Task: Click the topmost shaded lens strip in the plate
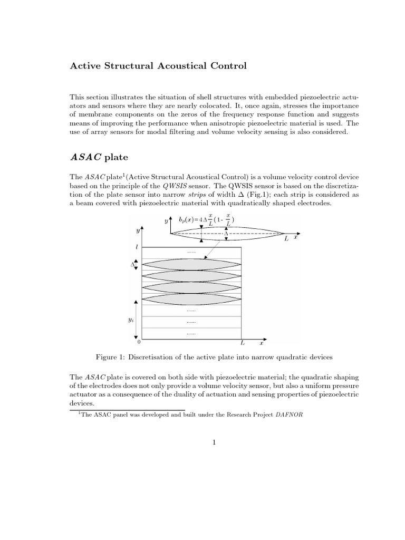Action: pos(192,264)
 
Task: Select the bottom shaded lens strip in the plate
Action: pos(192,299)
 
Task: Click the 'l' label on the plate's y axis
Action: pos(137,246)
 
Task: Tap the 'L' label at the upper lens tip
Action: pos(286,239)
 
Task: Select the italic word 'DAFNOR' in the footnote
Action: pos(290,414)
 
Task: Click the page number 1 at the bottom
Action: pos(215,442)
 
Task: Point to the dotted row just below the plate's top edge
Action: pos(191,253)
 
